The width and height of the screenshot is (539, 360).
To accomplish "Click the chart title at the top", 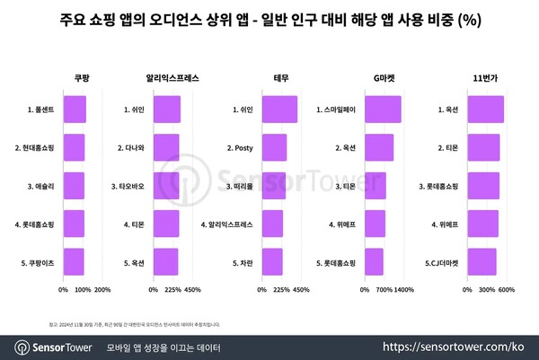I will pos(269,19).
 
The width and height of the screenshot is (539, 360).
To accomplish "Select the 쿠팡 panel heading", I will pos(81,79).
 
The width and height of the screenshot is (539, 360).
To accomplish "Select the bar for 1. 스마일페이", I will pos(383,110).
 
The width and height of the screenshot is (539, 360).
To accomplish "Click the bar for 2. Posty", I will pos(273,147).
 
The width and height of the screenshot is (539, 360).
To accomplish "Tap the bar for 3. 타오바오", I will pos(166,186).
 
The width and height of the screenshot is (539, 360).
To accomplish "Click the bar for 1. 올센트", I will pos(75,110).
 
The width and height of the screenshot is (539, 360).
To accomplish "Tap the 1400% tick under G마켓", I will pos(403,290).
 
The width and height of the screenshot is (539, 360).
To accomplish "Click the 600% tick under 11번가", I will pos(506,290).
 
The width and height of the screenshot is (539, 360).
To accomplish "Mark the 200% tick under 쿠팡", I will pos(102,290).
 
